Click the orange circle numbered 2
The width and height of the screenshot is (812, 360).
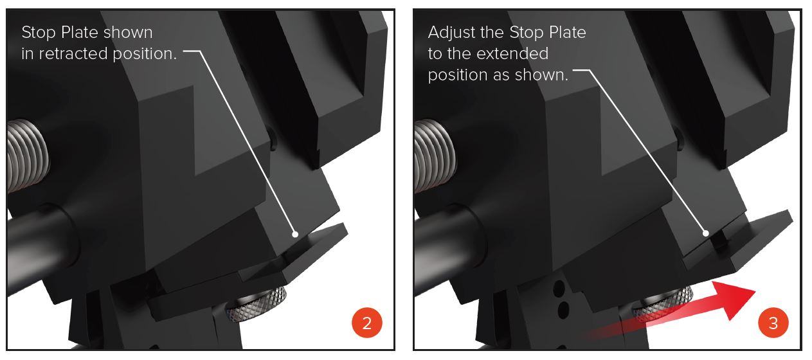click(367, 322)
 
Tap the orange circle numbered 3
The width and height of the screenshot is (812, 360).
click(773, 322)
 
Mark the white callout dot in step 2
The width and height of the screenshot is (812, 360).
click(295, 234)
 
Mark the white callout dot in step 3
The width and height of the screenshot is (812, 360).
click(705, 233)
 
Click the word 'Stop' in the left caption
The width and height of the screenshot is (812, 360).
click(39, 33)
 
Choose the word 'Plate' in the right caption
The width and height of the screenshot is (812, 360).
click(567, 32)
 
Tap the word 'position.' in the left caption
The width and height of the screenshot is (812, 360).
click(144, 54)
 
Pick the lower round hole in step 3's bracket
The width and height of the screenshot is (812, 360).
click(563, 310)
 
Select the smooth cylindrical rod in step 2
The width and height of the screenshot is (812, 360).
click(40, 239)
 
